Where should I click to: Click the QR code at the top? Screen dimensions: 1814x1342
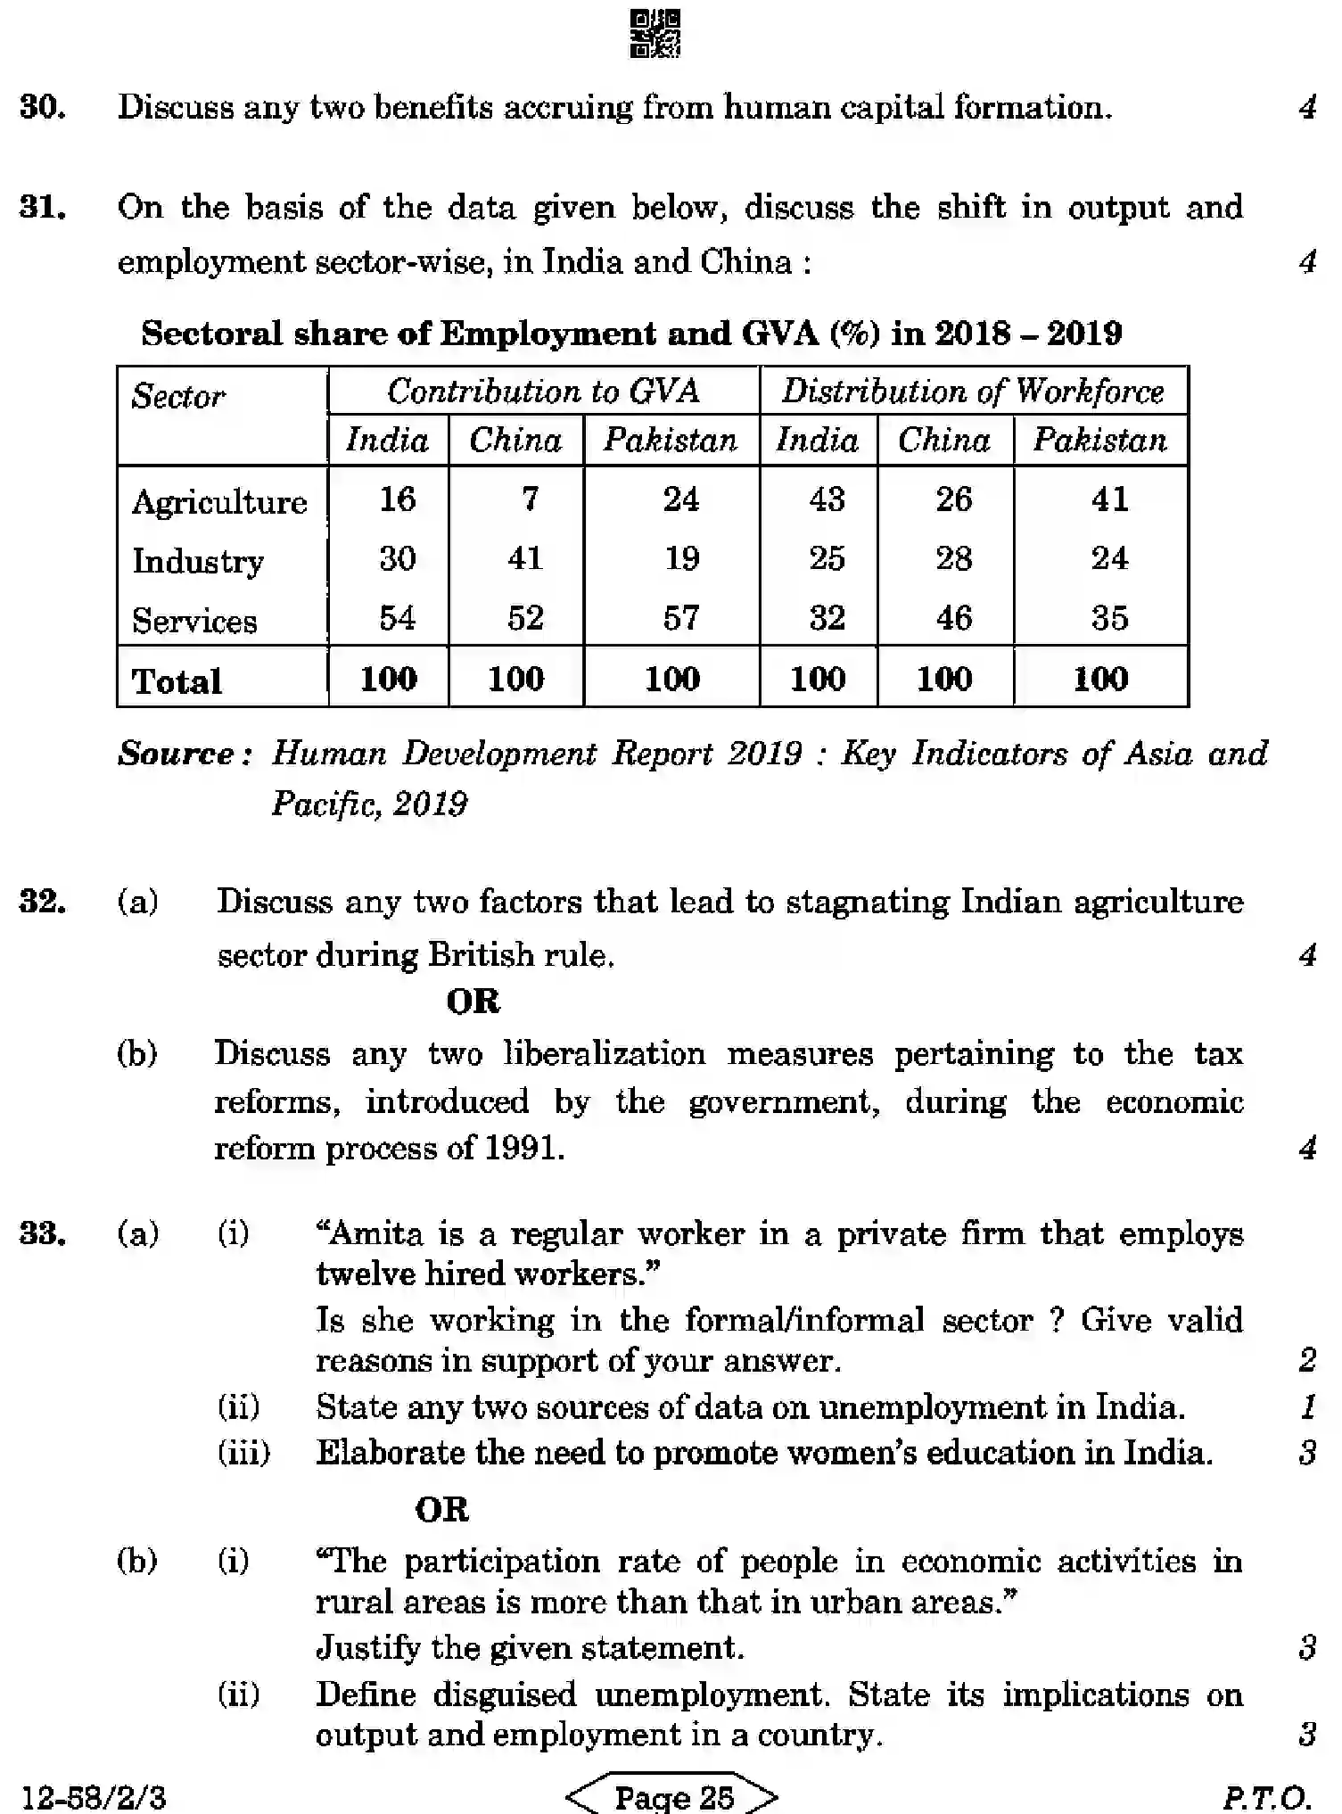point(655,34)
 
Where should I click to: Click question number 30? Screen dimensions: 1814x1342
point(42,108)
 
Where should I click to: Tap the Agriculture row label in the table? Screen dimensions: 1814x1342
point(219,502)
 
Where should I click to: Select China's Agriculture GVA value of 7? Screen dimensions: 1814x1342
point(530,499)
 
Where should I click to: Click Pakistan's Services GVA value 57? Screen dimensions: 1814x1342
point(680,618)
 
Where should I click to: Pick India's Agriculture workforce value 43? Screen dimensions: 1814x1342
point(827,499)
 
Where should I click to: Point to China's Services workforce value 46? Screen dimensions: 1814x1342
point(953,618)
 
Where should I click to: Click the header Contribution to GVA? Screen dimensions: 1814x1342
point(543,392)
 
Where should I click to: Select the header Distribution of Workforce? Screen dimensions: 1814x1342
point(973,392)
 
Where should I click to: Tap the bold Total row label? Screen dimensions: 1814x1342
point(177,681)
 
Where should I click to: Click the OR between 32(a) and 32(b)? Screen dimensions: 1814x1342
point(473,1002)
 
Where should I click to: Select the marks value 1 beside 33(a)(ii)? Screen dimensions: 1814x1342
point(1306,1407)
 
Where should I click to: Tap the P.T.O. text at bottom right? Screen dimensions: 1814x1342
point(1265,1796)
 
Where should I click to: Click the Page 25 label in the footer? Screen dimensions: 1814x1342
point(673,1796)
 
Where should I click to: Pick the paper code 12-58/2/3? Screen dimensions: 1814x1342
point(93,1796)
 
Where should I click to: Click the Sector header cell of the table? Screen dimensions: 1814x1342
point(178,396)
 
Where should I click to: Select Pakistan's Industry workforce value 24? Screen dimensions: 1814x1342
point(1109,558)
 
